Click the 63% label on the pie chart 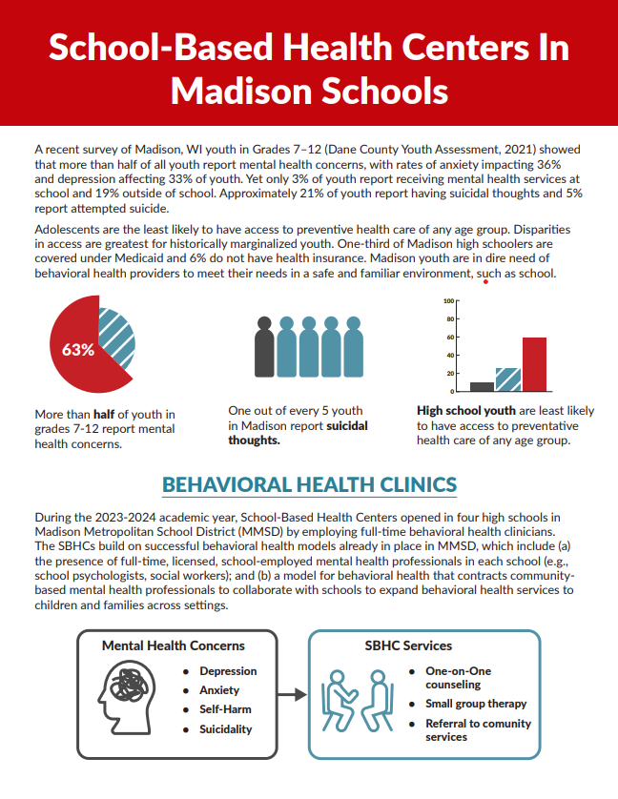click(x=78, y=349)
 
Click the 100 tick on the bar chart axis click(x=448, y=301)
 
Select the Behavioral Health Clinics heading click(x=309, y=483)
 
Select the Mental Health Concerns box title click(x=174, y=645)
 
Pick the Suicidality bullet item click(x=226, y=728)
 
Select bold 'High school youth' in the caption click(x=466, y=411)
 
